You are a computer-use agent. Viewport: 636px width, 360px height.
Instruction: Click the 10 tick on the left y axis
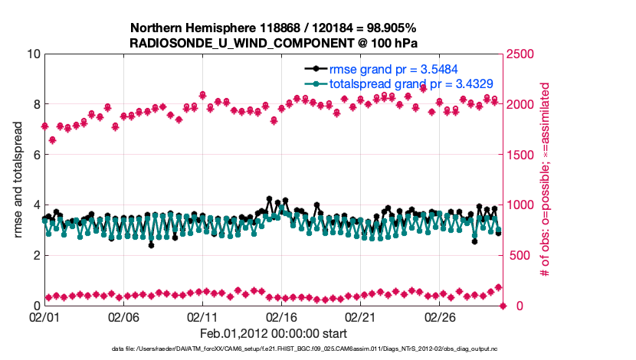[x=33, y=54]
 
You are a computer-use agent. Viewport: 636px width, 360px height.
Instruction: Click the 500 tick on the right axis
[x=518, y=255]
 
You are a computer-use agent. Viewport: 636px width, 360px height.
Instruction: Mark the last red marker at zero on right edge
[x=503, y=306]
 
